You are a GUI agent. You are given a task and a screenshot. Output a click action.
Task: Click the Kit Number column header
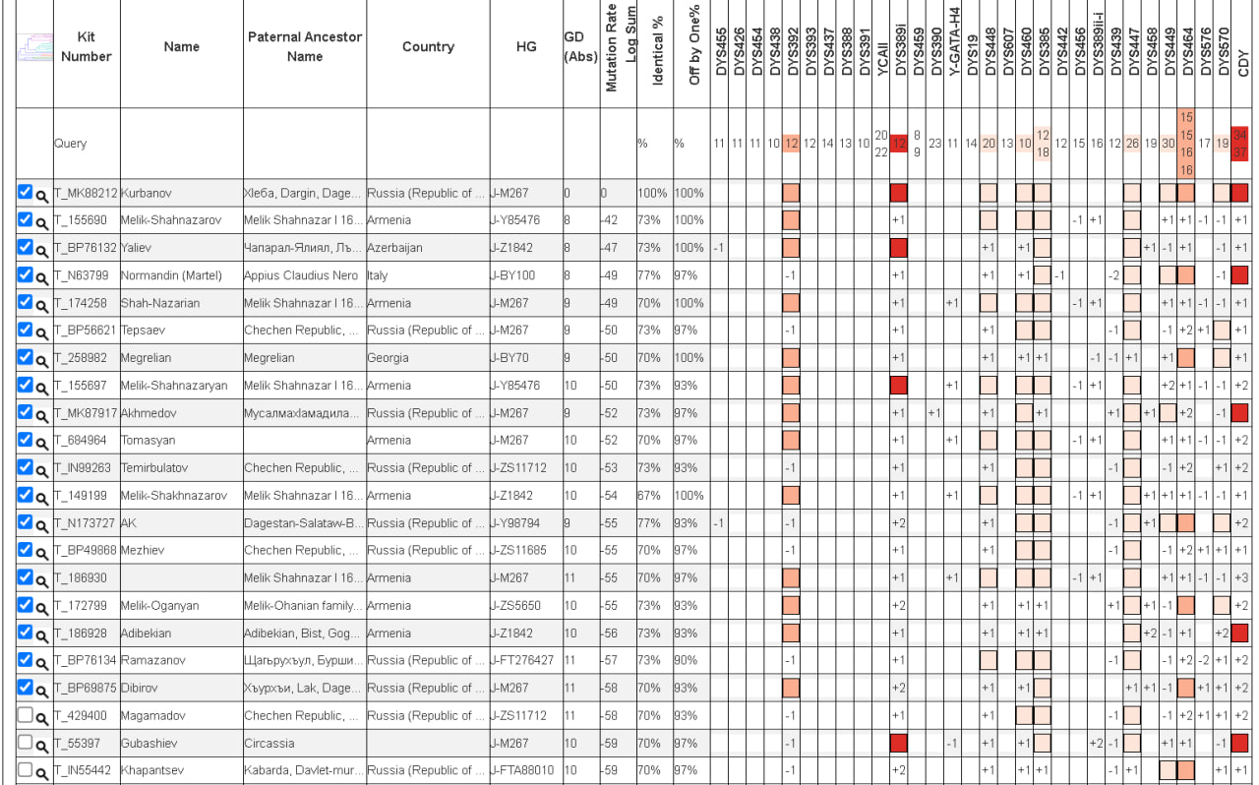coord(86,46)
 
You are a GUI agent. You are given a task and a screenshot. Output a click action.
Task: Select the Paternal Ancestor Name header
coord(305,46)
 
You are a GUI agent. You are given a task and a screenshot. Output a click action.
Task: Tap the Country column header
coord(428,46)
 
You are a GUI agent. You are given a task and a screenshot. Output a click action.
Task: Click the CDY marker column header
coord(1243,63)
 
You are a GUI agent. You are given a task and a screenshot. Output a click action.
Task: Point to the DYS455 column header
coord(721,52)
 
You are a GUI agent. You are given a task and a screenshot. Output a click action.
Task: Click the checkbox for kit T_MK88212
coord(25,192)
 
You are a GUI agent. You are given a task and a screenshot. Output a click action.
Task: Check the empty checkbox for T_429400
coord(25,715)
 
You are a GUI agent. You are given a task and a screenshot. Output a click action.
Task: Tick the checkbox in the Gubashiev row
coord(25,743)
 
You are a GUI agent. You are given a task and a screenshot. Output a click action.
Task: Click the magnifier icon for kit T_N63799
coord(41,277)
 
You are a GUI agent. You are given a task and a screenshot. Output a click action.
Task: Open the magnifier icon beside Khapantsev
coord(41,773)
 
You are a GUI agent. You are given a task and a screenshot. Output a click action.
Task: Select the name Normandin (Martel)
coord(171,275)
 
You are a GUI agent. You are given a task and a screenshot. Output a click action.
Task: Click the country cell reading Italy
coord(377,275)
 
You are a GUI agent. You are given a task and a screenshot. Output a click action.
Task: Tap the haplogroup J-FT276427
coord(522,660)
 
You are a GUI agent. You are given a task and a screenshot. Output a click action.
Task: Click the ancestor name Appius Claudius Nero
coord(301,275)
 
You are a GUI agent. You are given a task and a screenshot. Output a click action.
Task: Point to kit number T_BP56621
coord(86,331)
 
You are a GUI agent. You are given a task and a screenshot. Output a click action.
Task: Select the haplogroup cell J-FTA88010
coord(522,770)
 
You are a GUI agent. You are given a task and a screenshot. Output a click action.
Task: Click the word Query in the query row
coord(70,144)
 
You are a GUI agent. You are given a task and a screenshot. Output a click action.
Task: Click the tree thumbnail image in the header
coord(34,47)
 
